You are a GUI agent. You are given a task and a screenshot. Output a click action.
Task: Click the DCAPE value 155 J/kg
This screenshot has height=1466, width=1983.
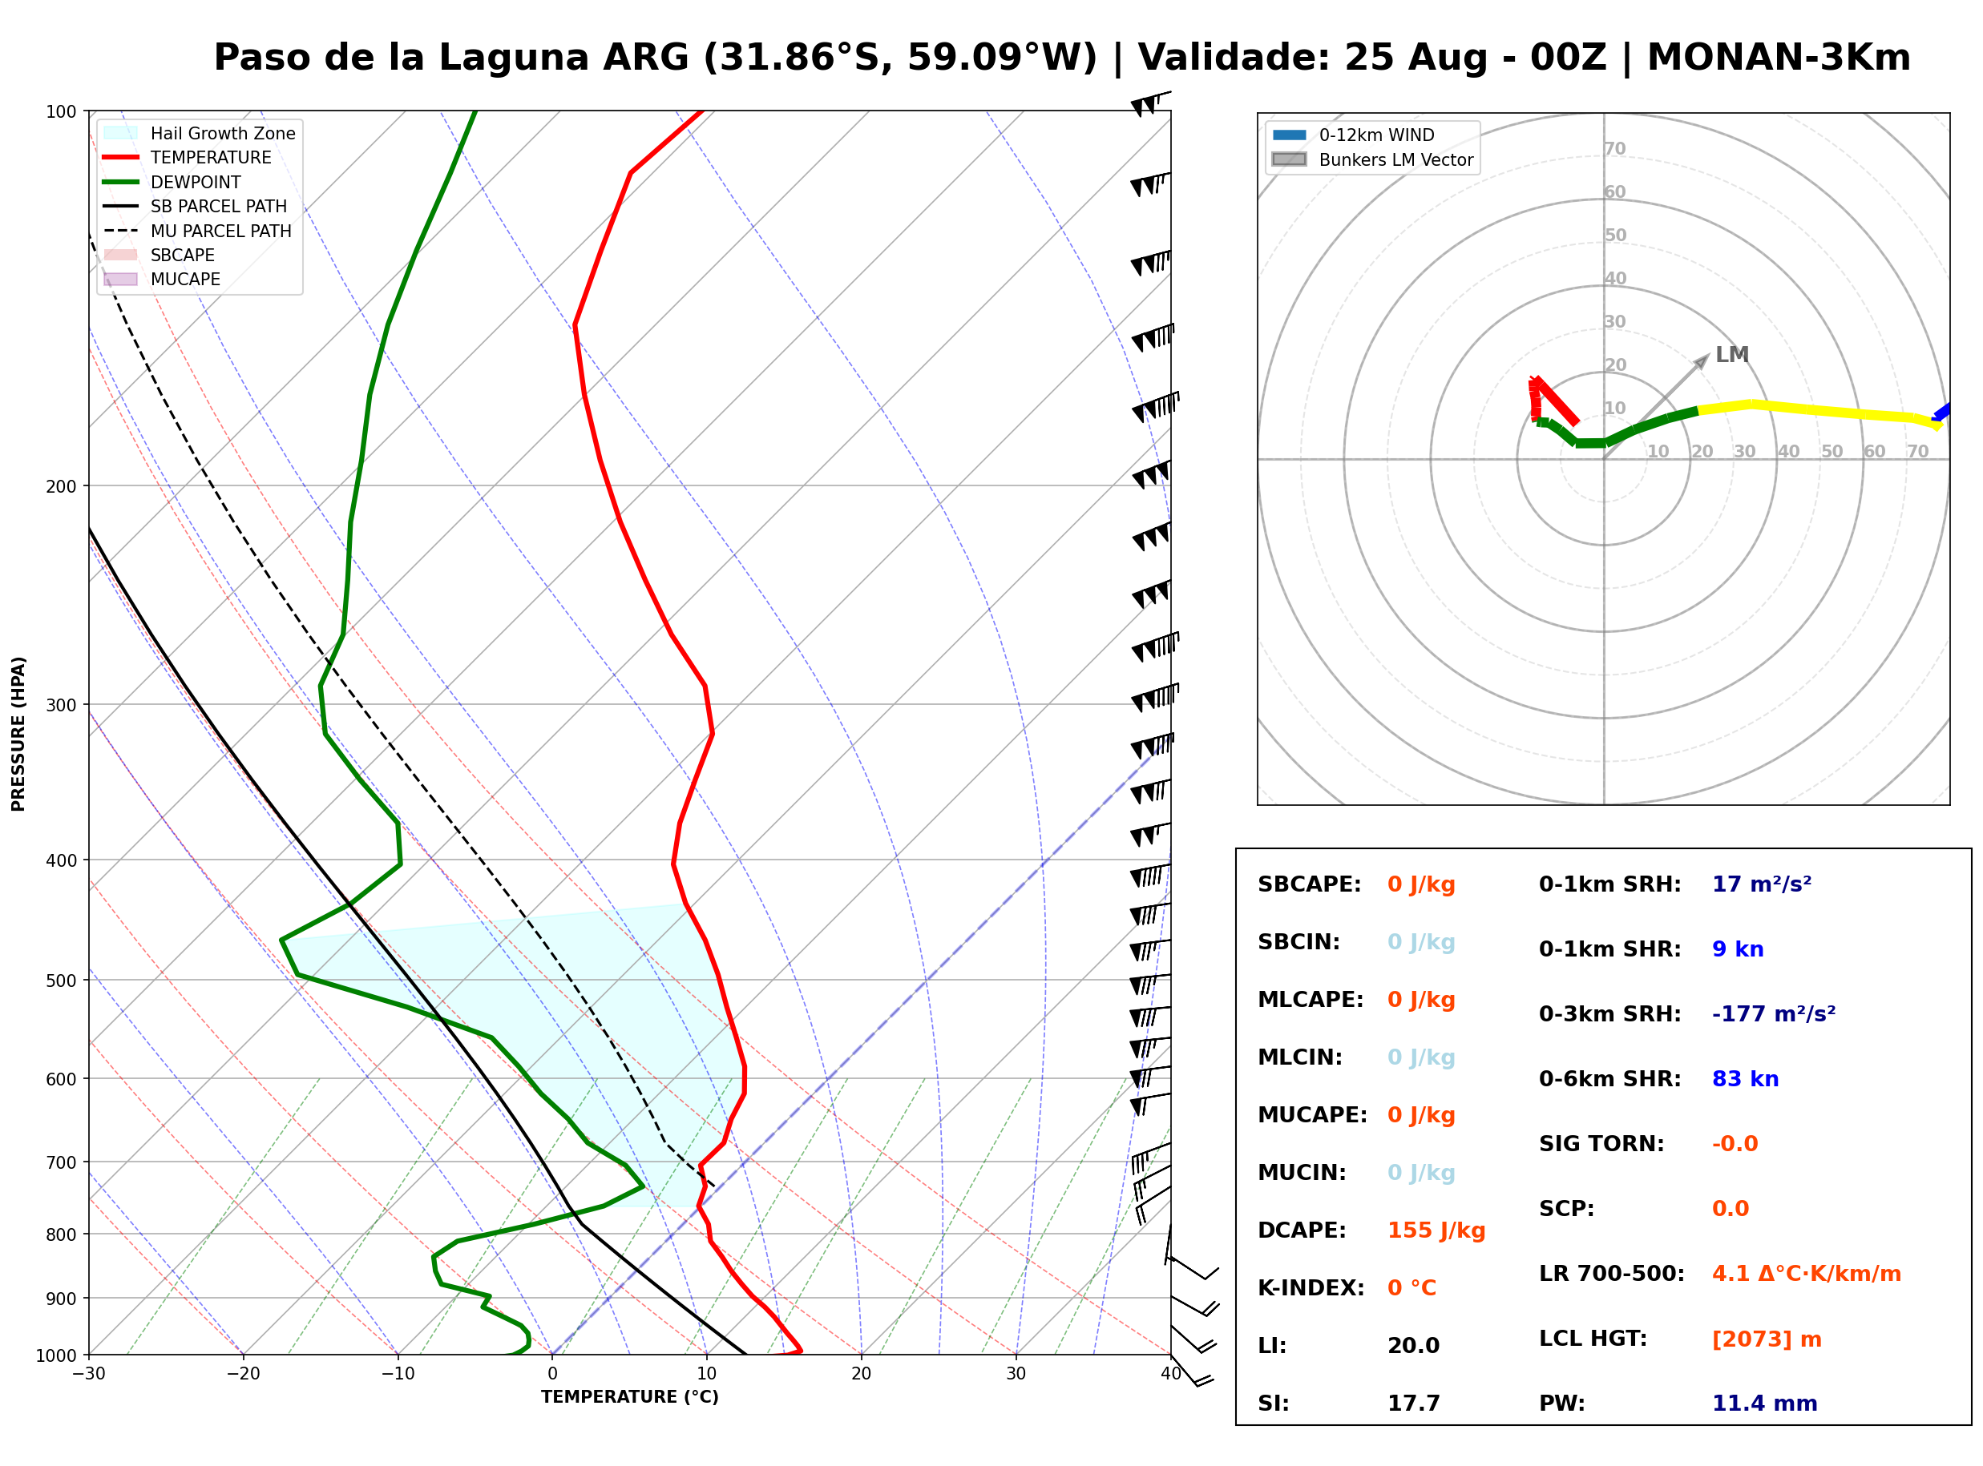point(1436,1230)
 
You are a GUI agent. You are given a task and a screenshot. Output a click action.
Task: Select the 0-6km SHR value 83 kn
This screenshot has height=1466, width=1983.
point(1744,1079)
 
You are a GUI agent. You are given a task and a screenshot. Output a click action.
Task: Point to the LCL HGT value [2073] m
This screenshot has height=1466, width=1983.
point(1766,1339)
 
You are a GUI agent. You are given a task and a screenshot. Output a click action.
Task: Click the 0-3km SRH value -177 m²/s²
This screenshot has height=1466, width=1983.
point(1773,1013)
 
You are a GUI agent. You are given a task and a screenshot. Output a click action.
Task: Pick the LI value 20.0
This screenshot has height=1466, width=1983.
point(1413,1346)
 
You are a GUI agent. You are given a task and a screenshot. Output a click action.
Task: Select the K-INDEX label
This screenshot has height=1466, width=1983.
point(1311,1288)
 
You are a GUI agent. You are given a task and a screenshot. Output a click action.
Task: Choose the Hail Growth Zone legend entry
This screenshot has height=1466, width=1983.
point(200,133)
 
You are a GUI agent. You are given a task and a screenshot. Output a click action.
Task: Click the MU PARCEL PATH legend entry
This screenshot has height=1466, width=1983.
point(198,231)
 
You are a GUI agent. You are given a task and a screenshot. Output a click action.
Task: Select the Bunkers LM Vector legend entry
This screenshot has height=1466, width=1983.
point(1372,159)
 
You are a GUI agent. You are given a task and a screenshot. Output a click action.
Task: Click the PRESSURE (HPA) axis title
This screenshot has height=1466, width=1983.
point(18,734)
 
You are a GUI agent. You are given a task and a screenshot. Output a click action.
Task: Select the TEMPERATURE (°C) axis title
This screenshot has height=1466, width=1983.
point(629,1397)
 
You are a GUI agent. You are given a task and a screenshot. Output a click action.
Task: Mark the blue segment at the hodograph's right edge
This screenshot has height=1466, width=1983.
point(1941,412)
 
